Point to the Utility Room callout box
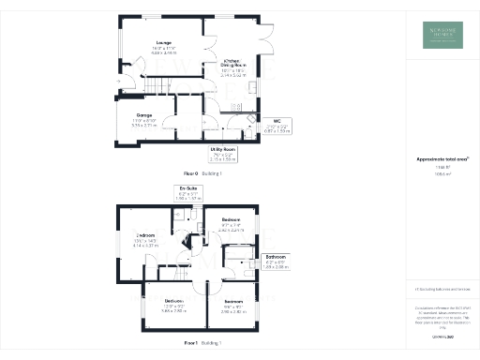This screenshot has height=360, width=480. pyautogui.click(x=223, y=154)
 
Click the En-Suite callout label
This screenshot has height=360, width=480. pyautogui.click(x=190, y=194)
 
